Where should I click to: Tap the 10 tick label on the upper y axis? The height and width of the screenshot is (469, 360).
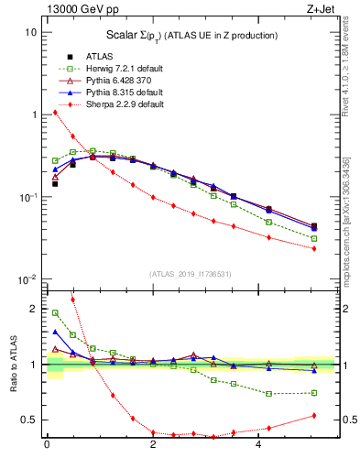coord(30,32)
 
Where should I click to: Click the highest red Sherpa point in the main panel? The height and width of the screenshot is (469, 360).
coord(55,113)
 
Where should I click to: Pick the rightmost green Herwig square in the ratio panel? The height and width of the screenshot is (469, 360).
coord(314,393)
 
